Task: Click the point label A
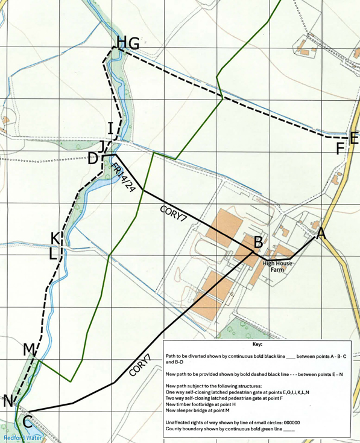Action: point(321,234)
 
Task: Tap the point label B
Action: point(257,242)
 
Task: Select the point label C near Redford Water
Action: point(28,423)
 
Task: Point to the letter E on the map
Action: point(354,139)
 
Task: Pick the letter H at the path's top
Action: point(122,43)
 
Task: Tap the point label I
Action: point(110,127)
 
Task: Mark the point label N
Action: point(8,400)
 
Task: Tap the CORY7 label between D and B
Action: point(174,216)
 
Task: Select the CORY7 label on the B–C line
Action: point(140,364)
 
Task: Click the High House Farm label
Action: point(277,266)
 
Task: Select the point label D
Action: point(93,159)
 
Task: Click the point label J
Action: point(102,146)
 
